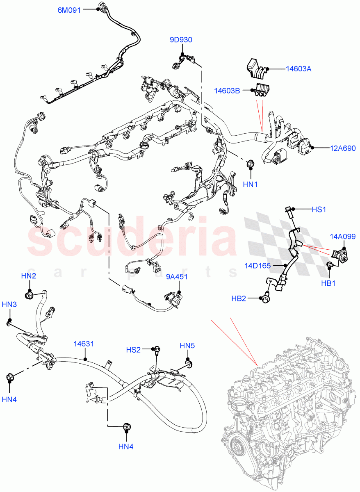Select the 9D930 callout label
pos(181,40)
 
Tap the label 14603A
pos(298,69)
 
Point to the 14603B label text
pos(227,90)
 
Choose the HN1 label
pos(250,184)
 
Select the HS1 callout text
pos(319,210)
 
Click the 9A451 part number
pos(177,277)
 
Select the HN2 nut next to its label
pos(30,294)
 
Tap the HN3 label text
pos(9,304)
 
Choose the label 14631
pos(84,344)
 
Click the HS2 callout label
pos(133,349)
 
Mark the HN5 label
pos(187,346)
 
